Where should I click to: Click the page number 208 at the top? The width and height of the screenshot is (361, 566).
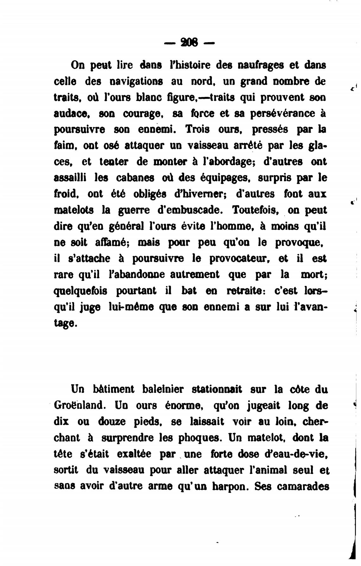point(189,42)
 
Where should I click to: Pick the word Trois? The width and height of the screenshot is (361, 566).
point(196,130)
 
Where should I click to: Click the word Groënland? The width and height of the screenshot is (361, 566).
point(82,405)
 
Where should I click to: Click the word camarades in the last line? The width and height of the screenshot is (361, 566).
point(303,486)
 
